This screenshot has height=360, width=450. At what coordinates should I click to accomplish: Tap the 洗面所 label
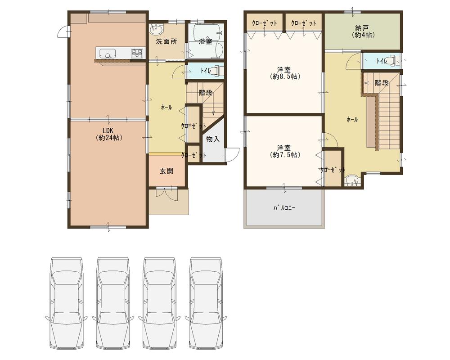[166, 41]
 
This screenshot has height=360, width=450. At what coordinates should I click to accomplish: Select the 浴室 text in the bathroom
[206, 41]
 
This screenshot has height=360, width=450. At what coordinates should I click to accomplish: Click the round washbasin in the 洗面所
[156, 30]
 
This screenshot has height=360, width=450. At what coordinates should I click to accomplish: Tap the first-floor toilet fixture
[216, 71]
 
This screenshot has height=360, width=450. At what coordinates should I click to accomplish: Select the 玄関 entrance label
[166, 171]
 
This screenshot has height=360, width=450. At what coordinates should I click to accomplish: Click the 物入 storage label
[213, 139]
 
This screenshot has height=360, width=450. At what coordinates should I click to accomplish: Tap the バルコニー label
[284, 208]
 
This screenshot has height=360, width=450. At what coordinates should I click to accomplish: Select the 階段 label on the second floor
[382, 83]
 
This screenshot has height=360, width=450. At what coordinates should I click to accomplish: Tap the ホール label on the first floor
[166, 108]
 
